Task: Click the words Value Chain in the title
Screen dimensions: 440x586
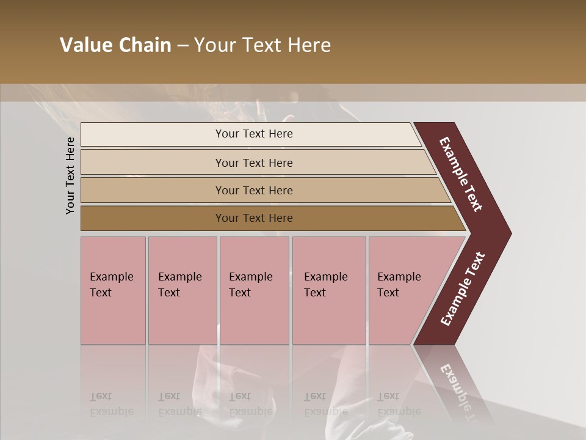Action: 115,45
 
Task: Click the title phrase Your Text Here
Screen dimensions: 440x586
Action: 262,45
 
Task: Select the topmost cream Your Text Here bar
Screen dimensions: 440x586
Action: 254,134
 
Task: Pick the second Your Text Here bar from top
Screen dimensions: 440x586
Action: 254,163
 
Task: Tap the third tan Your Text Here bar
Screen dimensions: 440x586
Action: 254,191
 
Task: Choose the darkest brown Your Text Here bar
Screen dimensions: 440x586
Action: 254,218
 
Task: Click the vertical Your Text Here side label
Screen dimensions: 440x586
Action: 70,175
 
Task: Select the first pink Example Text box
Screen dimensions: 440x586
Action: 113,290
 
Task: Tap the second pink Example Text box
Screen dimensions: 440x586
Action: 182,290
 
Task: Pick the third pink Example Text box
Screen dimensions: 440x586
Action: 254,290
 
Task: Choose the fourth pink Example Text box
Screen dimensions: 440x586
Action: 328,290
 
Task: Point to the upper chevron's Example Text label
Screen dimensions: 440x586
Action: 461,174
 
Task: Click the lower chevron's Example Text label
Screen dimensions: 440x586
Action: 463,289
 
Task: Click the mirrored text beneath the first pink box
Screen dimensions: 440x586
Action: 111,404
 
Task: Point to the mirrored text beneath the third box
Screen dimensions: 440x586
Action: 250,404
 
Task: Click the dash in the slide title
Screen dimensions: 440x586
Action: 183,46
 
